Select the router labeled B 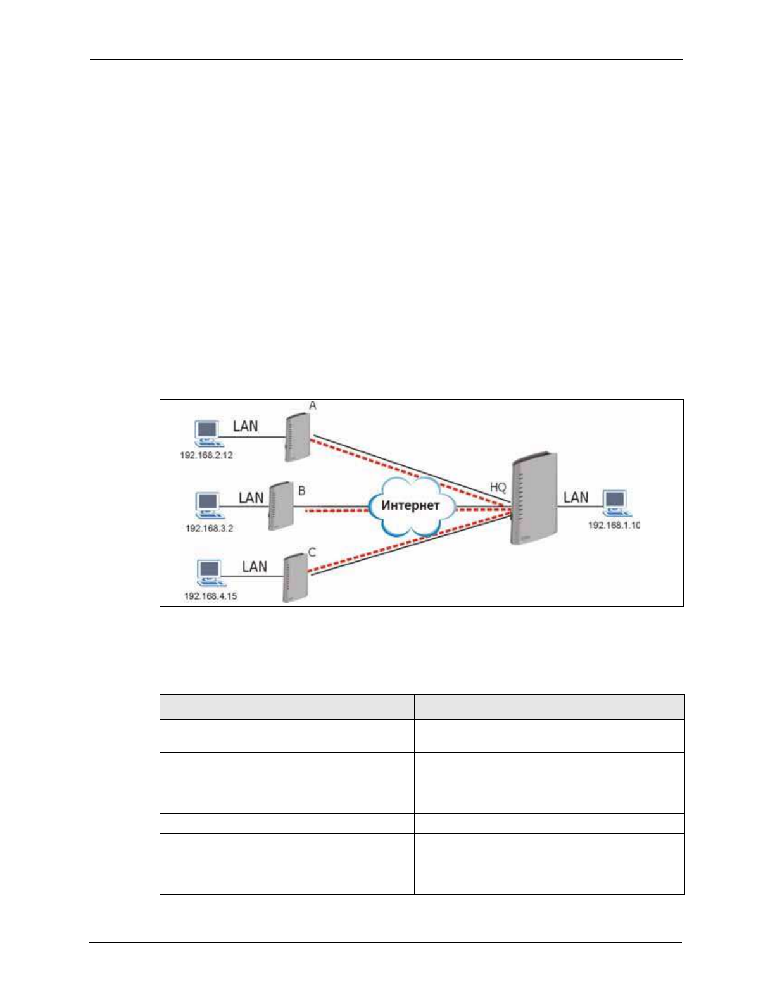coord(280,506)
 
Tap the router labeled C coord(295,577)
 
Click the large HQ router coord(534,498)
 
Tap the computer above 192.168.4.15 coord(209,574)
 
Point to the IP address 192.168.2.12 coord(206,455)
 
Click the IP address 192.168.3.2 coord(209,528)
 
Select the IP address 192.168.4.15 coord(210,596)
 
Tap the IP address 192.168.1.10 coord(614,525)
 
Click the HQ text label coord(498,488)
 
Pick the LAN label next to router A coord(245,426)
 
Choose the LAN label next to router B coord(251,498)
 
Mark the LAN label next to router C coord(254,566)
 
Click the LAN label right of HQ coord(576,497)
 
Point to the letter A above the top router coord(312,405)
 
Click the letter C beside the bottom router coord(312,552)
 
